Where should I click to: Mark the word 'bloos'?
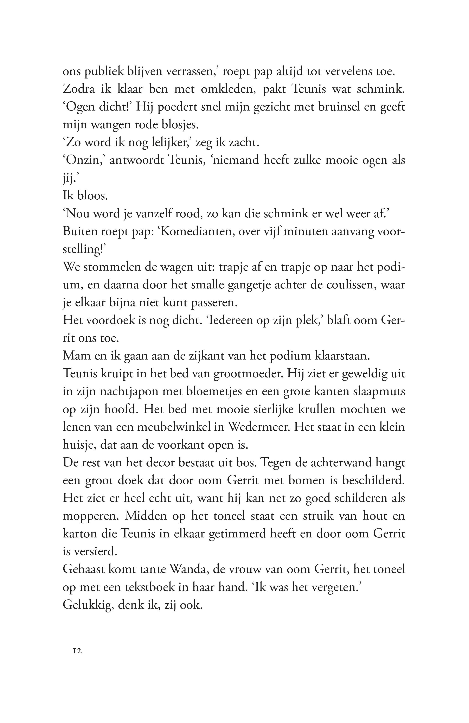click(x=93, y=196)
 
